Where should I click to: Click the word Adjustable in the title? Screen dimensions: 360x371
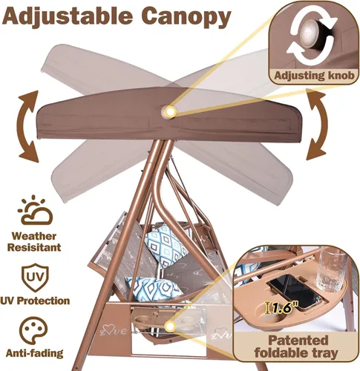[x=68, y=17]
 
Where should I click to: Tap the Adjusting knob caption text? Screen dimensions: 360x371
[x=314, y=75]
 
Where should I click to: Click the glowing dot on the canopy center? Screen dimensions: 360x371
[x=169, y=111]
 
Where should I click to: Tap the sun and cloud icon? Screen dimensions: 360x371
[x=35, y=211]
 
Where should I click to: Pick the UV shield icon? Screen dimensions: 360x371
[x=35, y=277]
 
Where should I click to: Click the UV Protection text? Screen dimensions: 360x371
[x=35, y=301]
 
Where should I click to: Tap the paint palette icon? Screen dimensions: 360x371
[x=33, y=331]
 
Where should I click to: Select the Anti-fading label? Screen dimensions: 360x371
[x=34, y=353]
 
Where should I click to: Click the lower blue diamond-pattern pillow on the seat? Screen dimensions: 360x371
[x=154, y=289]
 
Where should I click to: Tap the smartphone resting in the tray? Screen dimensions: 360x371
[x=295, y=292]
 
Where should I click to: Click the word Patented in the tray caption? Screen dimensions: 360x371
[x=298, y=340]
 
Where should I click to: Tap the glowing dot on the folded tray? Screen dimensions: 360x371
[x=170, y=326]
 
